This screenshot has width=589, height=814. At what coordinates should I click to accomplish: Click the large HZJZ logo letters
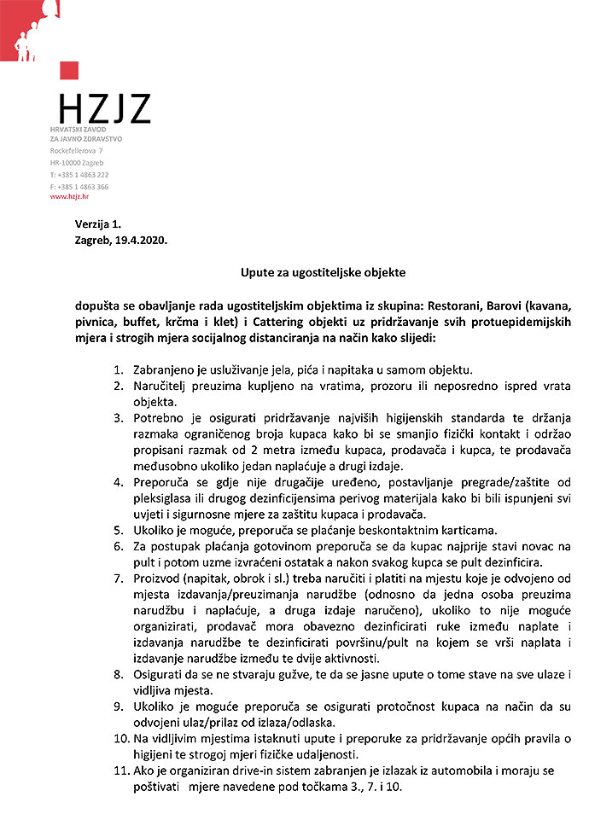point(104,109)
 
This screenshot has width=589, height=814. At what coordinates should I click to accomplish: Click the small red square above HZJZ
point(69,71)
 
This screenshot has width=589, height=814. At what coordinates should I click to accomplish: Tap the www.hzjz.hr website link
point(69,196)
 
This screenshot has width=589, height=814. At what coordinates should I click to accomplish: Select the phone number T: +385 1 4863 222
point(79,174)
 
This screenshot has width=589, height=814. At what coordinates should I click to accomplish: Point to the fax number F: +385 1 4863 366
point(79,186)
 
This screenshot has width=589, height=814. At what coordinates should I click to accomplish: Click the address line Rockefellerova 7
point(77,150)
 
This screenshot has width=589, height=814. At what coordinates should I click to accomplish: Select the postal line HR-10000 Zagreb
point(77,162)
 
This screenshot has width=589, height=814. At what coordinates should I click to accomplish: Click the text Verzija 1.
point(98,224)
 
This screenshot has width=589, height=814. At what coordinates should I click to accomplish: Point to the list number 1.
point(118,370)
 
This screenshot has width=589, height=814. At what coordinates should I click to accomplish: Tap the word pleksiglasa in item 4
point(167,498)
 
